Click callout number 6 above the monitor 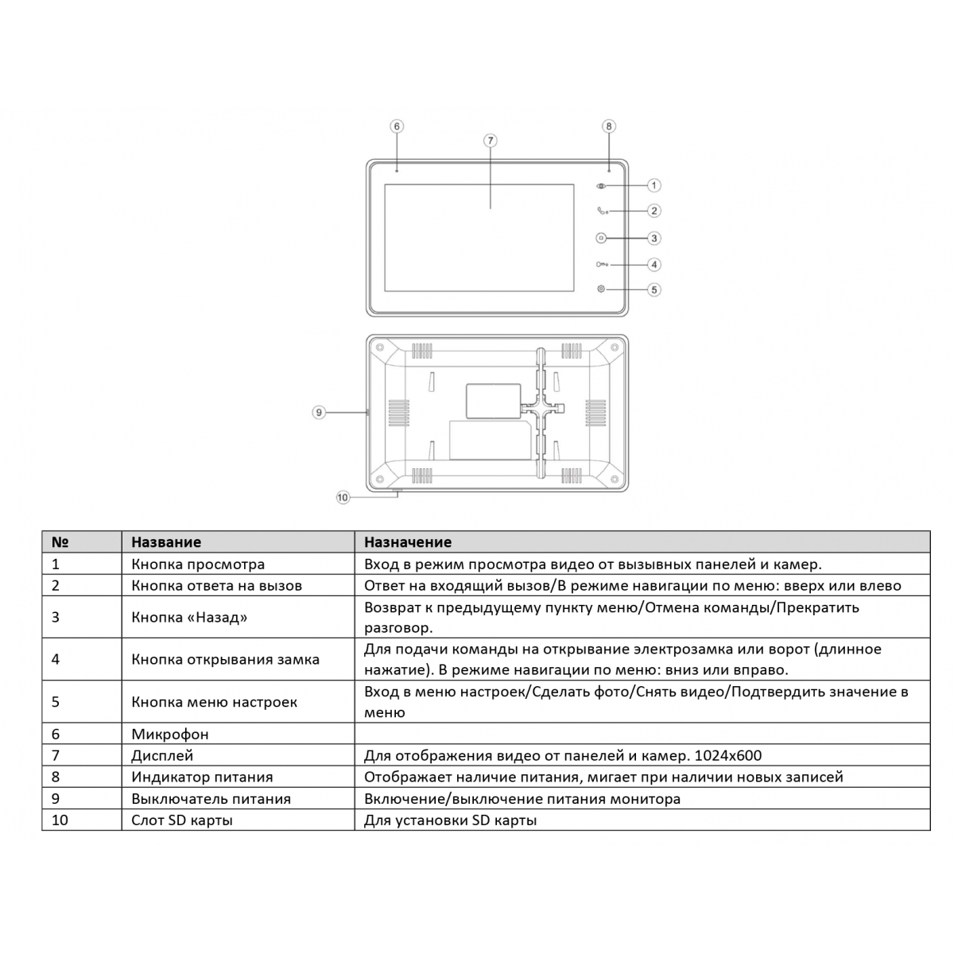point(397,126)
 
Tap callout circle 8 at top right point(609,126)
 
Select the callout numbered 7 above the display point(491,141)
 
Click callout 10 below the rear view point(343,498)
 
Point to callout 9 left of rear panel point(319,412)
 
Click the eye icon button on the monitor point(600,186)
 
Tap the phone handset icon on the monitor point(601,211)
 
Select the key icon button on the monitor point(601,265)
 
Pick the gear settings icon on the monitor point(600,289)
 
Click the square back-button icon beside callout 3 point(600,238)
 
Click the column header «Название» point(166,542)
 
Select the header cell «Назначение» point(408,542)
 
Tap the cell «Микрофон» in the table point(170,735)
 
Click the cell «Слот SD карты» point(182,820)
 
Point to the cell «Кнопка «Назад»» point(189,617)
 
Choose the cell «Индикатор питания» point(202,778)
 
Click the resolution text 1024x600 point(728,756)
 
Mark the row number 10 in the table point(60,820)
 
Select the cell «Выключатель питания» point(211,799)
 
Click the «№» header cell point(60,542)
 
